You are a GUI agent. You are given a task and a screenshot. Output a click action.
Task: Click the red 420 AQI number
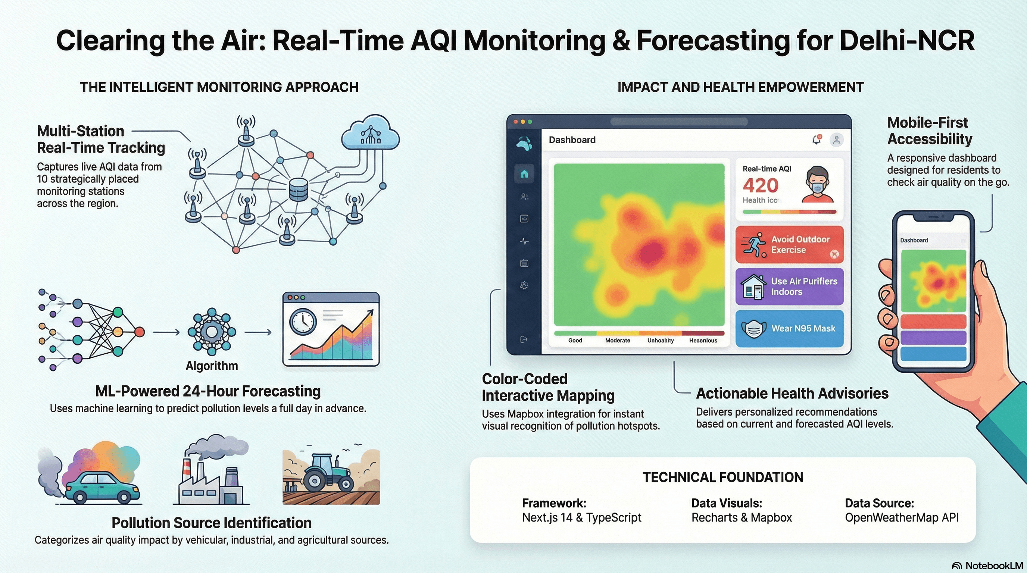click(x=760, y=185)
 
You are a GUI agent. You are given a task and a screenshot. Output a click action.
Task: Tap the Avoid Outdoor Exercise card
click(x=789, y=245)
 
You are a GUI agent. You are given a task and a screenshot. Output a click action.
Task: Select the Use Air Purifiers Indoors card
click(x=789, y=286)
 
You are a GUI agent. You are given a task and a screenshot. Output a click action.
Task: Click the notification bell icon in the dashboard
click(x=816, y=140)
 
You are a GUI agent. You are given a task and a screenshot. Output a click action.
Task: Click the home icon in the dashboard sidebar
click(x=524, y=174)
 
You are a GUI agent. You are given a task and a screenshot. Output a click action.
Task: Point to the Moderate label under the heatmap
click(x=618, y=340)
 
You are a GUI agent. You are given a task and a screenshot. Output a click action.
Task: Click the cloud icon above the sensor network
click(x=370, y=133)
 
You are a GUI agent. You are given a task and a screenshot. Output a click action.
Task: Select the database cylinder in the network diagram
click(x=298, y=190)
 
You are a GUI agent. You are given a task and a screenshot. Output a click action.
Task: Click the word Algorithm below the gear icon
click(x=212, y=366)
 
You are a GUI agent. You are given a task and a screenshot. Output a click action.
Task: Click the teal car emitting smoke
click(x=103, y=487)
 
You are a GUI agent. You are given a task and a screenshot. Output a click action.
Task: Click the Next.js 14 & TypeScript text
click(x=581, y=518)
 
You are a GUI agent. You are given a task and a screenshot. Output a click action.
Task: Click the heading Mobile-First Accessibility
click(x=929, y=131)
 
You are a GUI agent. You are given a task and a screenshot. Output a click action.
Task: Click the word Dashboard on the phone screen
click(x=914, y=240)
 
